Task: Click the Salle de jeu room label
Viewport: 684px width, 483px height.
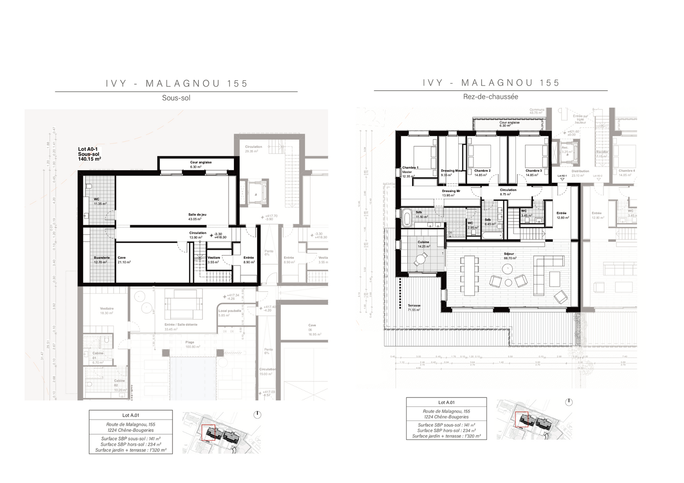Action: click(x=197, y=217)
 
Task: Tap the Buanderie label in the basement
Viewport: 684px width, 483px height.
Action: click(x=101, y=260)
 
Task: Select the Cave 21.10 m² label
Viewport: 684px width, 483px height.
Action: click(x=123, y=260)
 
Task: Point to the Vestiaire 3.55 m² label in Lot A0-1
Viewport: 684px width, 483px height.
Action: click(x=213, y=260)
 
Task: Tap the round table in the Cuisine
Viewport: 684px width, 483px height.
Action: click(x=421, y=259)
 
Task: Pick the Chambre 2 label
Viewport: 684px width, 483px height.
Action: click(x=482, y=173)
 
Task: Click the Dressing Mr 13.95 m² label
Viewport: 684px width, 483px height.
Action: click(x=451, y=193)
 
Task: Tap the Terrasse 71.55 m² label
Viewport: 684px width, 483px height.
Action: click(x=414, y=307)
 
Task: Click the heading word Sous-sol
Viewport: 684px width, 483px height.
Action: click(x=176, y=98)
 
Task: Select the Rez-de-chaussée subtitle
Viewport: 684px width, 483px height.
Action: click(x=490, y=97)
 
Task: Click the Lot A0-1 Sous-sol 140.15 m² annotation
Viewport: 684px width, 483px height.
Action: click(x=89, y=154)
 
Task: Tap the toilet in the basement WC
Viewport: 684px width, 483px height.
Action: click(x=88, y=186)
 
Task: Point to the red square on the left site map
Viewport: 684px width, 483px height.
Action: click(x=208, y=432)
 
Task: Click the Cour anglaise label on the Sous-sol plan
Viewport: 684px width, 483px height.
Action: click(x=201, y=164)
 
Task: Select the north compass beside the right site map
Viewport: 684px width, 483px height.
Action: click(x=569, y=402)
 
